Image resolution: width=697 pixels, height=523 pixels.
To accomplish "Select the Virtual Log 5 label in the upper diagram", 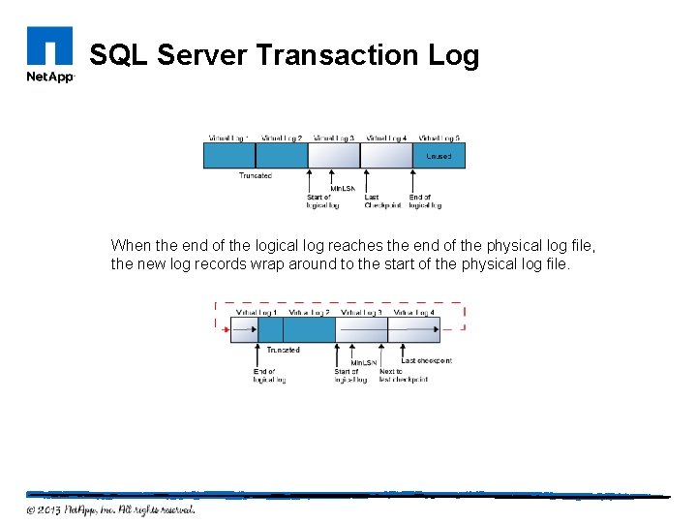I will pyautogui.click(x=439, y=138).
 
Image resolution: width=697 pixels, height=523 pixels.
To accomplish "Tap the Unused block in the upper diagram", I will pyautogui.click(x=439, y=156).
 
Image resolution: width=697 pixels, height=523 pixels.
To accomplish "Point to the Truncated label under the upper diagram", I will pyautogui.click(x=256, y=175).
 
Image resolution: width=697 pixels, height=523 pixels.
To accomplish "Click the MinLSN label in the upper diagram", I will pyautogui.click(x=343, y=188).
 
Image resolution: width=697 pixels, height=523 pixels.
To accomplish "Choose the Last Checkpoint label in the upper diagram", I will pyautogui.click(x=382, y=200).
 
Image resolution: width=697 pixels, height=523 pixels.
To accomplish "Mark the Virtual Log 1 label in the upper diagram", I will pyautogui.click(x=228, y=138).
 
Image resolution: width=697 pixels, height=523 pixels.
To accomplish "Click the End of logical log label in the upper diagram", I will pyautogui.click(x=425, y=200).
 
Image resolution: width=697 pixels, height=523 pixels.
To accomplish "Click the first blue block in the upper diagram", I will pyautogui.click(x=229, y=155).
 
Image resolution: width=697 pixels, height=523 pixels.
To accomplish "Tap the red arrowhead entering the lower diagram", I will pyautogui.click(x=228, y=330).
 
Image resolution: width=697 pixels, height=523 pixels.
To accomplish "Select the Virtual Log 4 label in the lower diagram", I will pyautogui.click(x=414, y=312).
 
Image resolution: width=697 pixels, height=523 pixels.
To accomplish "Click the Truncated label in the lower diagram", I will pyautogui.click(x=283, y=350).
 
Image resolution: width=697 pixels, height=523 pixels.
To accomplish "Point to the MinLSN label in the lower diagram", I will pyautogui.click(x=363, y=362).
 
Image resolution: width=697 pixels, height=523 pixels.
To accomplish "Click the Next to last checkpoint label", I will pyautogui.click(x=403, y=376).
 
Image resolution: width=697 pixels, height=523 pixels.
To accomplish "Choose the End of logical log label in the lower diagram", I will pyautogui.click(x=269, y=376).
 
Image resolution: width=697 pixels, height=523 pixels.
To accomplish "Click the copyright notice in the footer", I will pyautogui.click(x=110, y=509).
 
